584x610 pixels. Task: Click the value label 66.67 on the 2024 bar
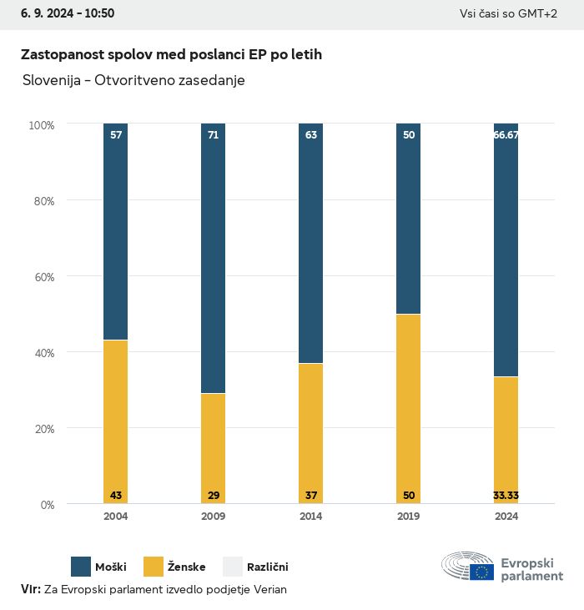506,134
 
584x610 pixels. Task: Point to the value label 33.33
506,496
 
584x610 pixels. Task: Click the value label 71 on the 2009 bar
214,134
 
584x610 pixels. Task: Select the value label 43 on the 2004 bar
116,496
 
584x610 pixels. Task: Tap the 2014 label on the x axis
311,517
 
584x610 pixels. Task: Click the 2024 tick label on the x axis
506,517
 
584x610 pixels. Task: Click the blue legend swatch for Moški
81,567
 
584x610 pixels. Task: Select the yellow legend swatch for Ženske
154,567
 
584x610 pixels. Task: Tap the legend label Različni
267,567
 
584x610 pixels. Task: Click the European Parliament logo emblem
467,566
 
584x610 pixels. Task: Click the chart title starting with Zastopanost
171,54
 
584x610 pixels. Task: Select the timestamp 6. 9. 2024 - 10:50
68,13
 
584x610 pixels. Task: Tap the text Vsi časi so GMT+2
508,13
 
